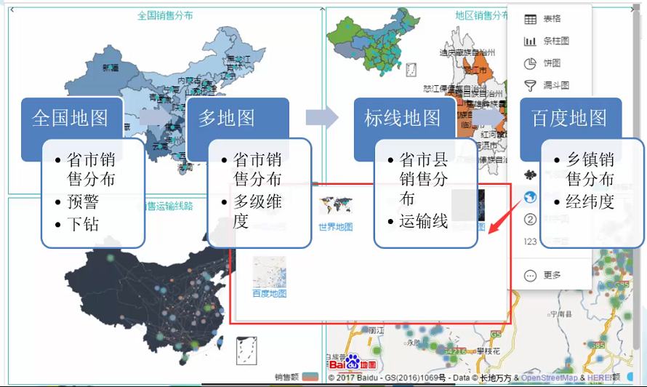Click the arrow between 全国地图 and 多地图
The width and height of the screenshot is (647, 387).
[153, 117]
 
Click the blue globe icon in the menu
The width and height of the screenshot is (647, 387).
[530, 197]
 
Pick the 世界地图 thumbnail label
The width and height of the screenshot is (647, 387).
[335, 227]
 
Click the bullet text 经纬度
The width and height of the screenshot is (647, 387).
[590, 202]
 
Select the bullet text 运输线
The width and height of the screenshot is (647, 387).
[423, 222]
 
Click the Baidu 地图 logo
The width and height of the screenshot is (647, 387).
[353, 362]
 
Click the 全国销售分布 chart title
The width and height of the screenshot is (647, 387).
[165, 15]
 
